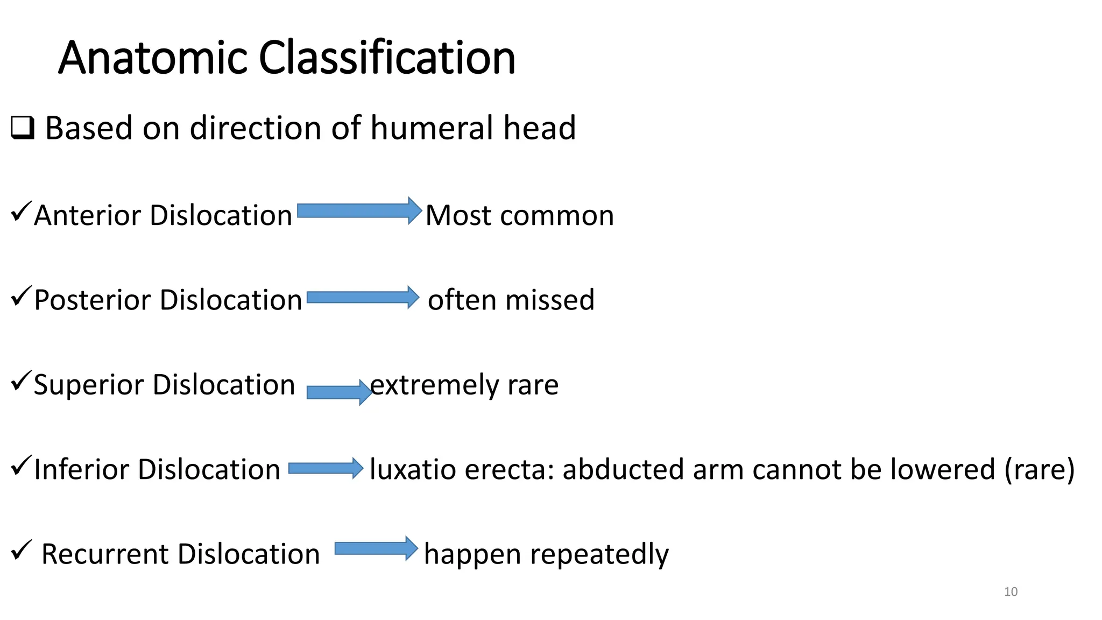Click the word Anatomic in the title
point(153,58)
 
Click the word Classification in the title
point(387,58)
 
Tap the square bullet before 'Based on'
point(23,129)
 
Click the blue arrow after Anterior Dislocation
point(359,210)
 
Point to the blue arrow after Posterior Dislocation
point(362,297)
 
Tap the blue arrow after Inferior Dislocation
point(326,468)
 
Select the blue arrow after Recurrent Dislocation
point(376,548)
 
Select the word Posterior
point(93,300)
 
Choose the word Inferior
point(83,469)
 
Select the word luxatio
point(413,469)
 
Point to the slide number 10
point(1011,592)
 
